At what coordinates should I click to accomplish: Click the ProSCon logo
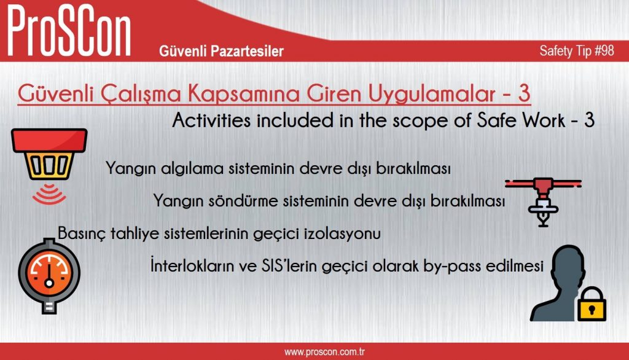click(69, 31)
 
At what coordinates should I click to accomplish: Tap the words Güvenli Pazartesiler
click(221, 51)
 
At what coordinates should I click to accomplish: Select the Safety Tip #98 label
click(576, 50)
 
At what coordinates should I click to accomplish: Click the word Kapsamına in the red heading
click(243, 94)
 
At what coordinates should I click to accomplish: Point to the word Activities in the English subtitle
click(213, 120)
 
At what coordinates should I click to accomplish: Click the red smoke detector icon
click(49, 154)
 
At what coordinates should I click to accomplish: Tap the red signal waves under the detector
click(49, 195)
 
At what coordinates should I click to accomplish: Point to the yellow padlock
click(592, 304)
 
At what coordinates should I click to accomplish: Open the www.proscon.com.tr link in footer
click(324, 352)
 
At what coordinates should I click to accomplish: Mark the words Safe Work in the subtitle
click(521, 120)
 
